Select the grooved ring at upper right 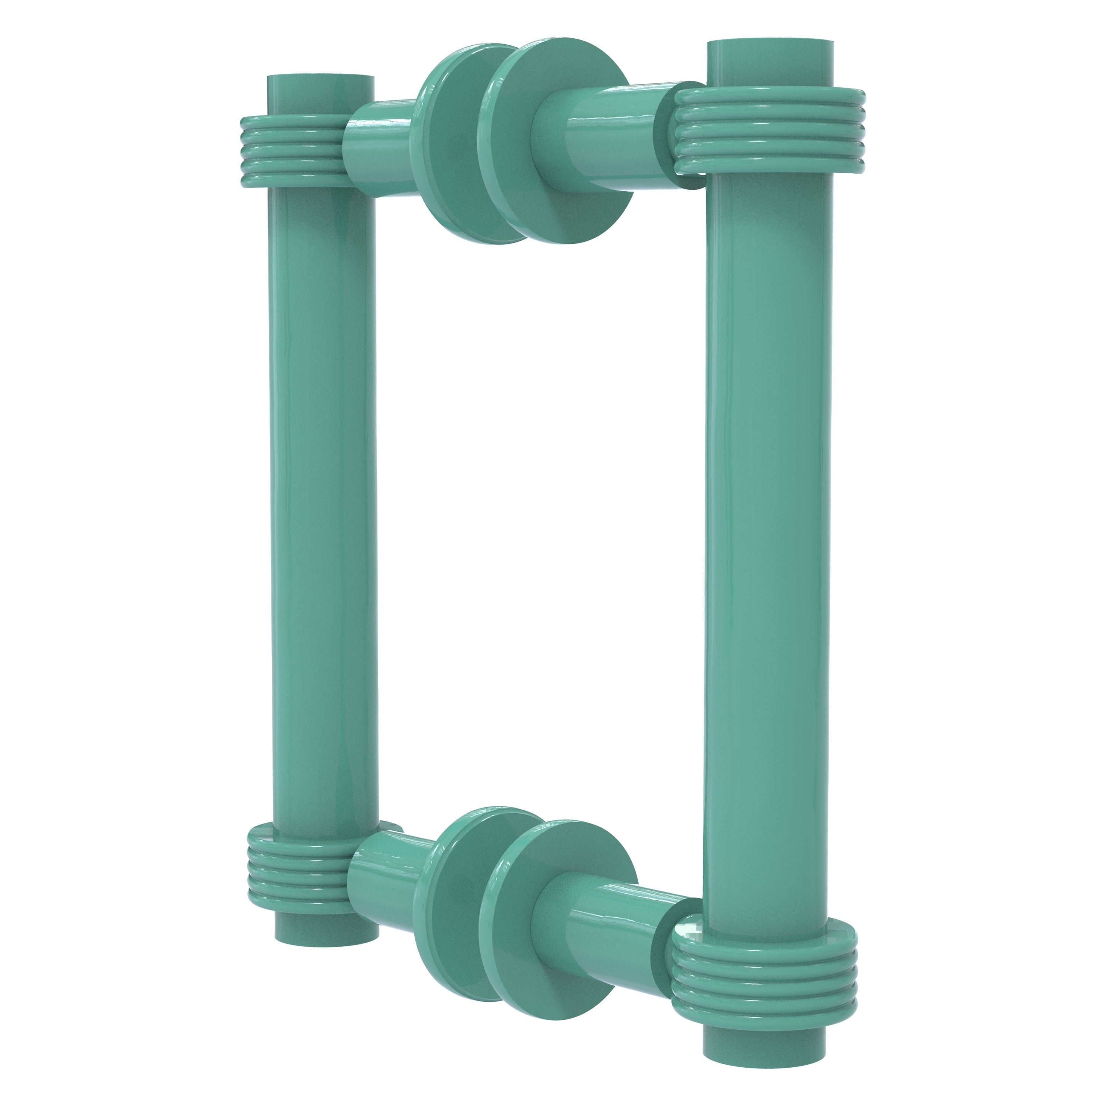pos(770,132)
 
